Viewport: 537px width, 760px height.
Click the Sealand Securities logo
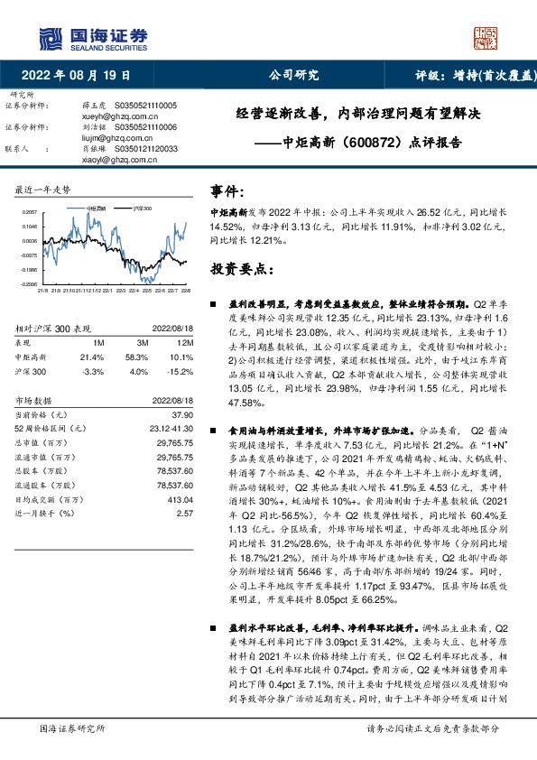tap(91, 36)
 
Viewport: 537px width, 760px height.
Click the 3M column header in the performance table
tap(142, 344)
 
